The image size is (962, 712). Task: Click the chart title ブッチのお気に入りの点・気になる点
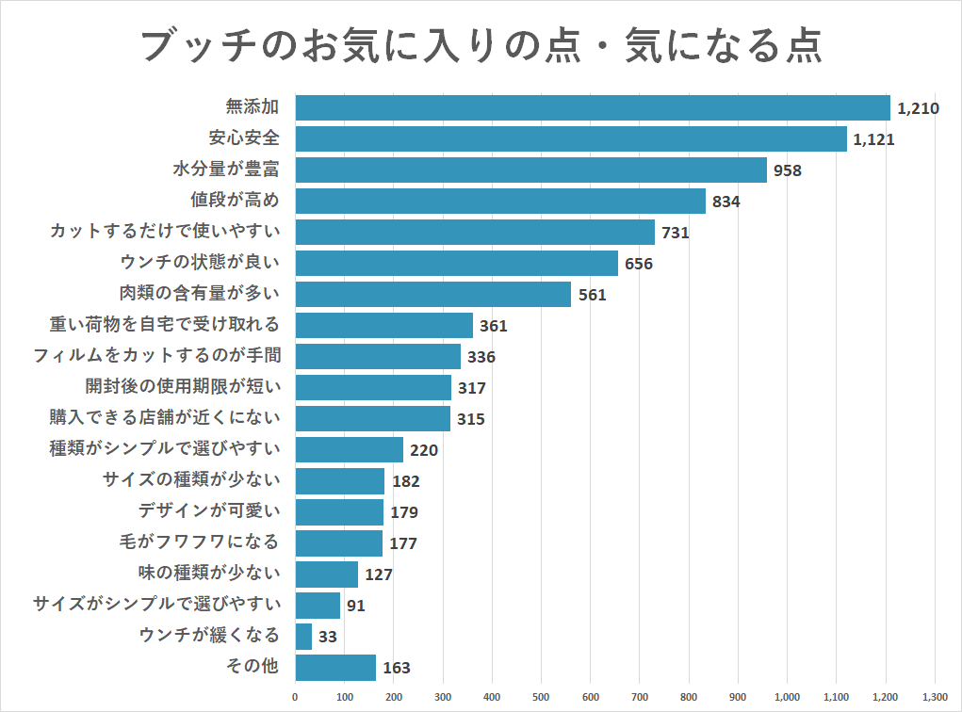tap(481, 44)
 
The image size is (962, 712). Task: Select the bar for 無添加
tap(593, 107)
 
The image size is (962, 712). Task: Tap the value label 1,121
tap(872, 139)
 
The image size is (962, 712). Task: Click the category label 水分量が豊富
tap(226, 170)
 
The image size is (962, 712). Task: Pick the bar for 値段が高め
tap(500, 201)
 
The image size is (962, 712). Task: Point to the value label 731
tap(676, 233)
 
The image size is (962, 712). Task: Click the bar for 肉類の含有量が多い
tap(433, 294)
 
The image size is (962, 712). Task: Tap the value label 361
tap(494, 326)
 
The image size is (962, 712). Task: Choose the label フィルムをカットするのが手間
tap(156, 356)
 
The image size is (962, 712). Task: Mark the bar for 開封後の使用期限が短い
tap(373, 387)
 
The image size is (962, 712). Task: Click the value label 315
tap(470, 419)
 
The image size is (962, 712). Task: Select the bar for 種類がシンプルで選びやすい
tap(350, 449)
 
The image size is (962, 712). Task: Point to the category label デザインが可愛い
tap(209, 511)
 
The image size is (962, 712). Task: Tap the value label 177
tap(402, 543)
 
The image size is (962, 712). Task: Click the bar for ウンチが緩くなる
tap(303, 637)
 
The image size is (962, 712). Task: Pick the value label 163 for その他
tap(396, 669)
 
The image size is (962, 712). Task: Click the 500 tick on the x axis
tap(541, 697)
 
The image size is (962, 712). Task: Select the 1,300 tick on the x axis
tap(934, 697)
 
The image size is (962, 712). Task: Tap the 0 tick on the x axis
tap(295, 697)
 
